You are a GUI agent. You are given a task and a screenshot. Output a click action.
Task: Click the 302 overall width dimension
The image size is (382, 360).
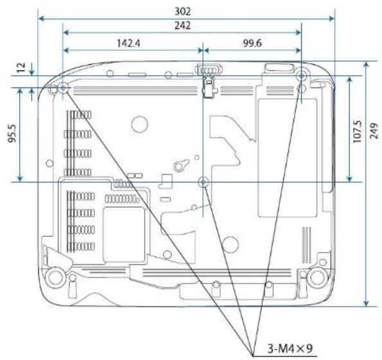pyautogui.click(x=182, y=11)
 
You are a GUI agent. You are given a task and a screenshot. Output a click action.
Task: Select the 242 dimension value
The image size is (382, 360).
pyautogui.click(x=182, y=25)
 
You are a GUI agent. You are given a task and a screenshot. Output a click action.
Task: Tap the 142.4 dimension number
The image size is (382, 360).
pyautogui.click(x=128, y=44)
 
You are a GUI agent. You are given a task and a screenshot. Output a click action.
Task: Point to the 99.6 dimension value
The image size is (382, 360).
pyautogui.click(x=252, y=44)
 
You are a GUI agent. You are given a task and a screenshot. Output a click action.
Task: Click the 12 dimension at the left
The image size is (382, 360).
pyautogui.click(x=21, y=67)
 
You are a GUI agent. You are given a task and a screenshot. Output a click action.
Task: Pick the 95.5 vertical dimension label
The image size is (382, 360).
pyautogui.click(x=12, y=133)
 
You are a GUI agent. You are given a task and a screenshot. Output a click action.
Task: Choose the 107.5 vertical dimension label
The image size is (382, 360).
pyautogui.click(x=358, y=131)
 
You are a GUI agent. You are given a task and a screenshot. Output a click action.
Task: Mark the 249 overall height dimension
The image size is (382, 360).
pyautogui.click(x=374, y=131)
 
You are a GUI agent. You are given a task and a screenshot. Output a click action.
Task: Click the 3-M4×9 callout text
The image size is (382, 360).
pyautogui.click(x=290, y=348)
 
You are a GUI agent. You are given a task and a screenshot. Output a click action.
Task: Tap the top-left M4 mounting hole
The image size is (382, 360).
pyautogui.click(x=63, y=87)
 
